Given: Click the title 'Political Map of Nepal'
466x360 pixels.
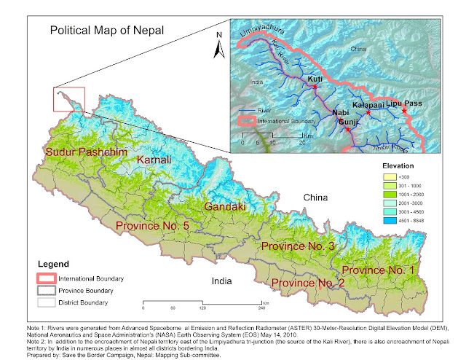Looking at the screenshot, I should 106,31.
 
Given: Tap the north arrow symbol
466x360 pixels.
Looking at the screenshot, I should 216,46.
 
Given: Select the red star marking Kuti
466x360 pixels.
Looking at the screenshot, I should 315,87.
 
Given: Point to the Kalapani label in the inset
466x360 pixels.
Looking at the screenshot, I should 368,105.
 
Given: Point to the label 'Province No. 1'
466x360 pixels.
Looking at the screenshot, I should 378,270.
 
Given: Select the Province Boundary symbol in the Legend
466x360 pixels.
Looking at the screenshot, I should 50,290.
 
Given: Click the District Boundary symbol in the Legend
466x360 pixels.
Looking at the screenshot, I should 50,302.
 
